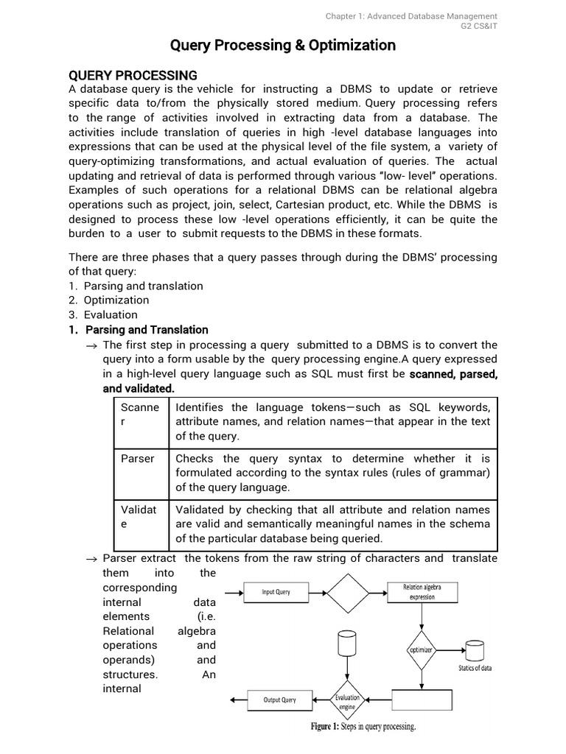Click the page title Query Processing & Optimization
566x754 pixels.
coord(283,46)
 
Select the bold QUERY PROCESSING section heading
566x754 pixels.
coord(133,75)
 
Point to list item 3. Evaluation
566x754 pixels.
coord(103,315)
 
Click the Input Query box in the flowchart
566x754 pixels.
coord(276,592)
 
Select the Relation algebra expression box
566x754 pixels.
coord(422,592)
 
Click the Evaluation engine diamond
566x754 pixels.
coord(347,700)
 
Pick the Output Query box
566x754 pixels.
coord(279,700)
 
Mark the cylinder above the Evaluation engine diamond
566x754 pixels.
coord(347,645)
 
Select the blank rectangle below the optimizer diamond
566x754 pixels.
coord(422,700)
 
